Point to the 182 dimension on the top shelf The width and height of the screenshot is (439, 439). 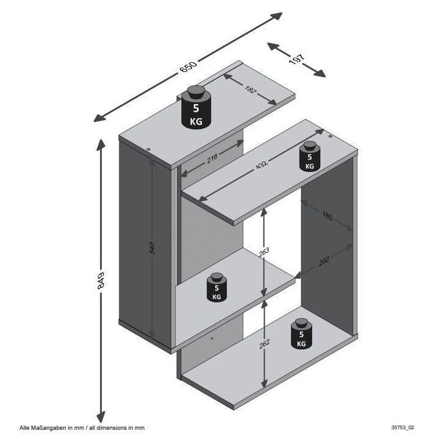click(249, 91)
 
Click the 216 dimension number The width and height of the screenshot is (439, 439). click(212, 159)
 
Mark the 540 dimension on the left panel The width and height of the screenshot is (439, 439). click(152, 249)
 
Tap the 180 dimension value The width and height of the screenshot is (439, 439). click(328, 217)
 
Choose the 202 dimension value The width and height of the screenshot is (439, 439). click(324, 261)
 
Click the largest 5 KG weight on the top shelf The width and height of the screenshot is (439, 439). click(196, 109)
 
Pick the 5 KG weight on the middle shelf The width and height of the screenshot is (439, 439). click(216, 288)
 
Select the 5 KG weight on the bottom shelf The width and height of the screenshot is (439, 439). click(301, 335)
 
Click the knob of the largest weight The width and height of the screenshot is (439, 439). click(196, 93)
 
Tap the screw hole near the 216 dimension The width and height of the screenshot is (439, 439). click(148, 148)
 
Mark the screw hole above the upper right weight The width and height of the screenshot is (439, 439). click(330, 137)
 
